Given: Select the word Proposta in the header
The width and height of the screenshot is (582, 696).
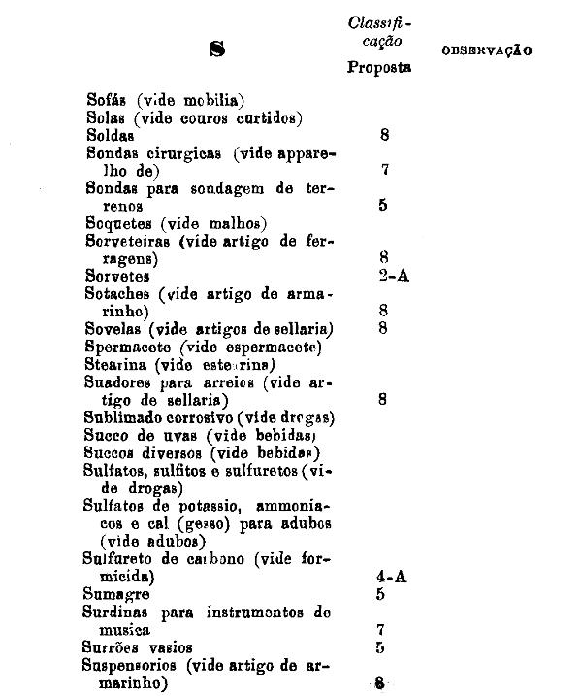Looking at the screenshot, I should (x=379, y=68).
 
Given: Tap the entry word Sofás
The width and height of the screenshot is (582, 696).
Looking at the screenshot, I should (x=108, y=99).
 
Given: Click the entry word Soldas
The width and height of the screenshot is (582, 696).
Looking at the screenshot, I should (x=111, y=136).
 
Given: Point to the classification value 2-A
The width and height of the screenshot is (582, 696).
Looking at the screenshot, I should (x=395, y=276).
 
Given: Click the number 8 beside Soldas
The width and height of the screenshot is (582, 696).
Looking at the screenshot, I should (x=385, y=136).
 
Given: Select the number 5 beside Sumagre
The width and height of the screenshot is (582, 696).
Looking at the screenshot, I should (x=381, y=593).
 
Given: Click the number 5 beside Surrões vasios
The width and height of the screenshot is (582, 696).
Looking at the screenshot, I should (x=381, y=647).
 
